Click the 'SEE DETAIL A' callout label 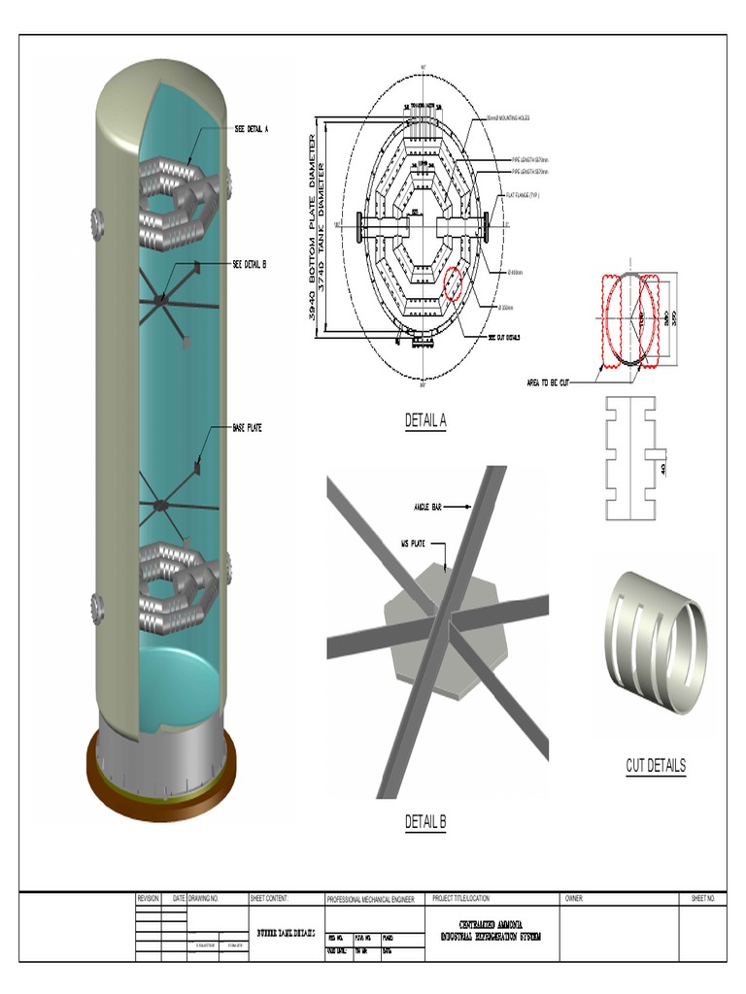[252, 128]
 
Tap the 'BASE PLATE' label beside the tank [247, 427]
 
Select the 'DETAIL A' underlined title [425, 421]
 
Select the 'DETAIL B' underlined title [425, 822]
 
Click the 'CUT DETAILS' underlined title [655, 766]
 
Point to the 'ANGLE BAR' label [428, 506]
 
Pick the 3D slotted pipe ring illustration [657, 642]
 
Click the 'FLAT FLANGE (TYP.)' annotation [526, 194]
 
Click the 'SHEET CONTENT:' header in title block [269, 899]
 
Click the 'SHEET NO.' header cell [702, 899]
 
